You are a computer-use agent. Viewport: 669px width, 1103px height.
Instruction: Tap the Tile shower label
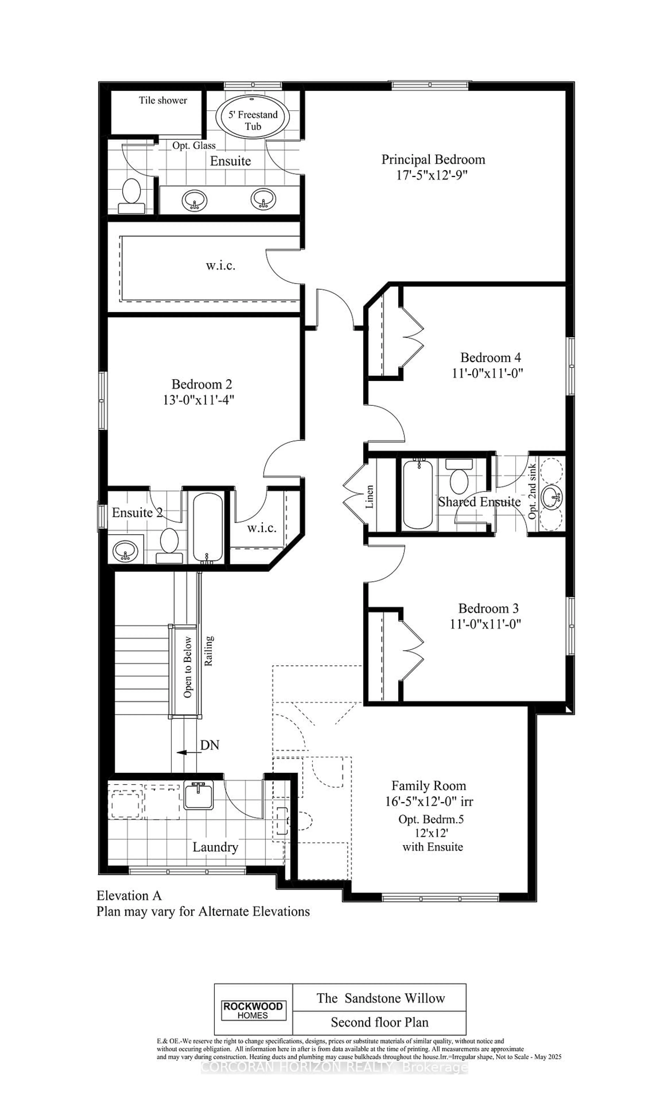pos(163,100)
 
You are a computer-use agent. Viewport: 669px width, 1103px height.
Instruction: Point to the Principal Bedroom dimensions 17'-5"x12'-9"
pos(432,175)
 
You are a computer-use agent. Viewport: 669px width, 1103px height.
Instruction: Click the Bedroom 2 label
pos(202,384)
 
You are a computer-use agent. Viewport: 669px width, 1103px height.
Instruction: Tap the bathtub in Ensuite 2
pos(207,527)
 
